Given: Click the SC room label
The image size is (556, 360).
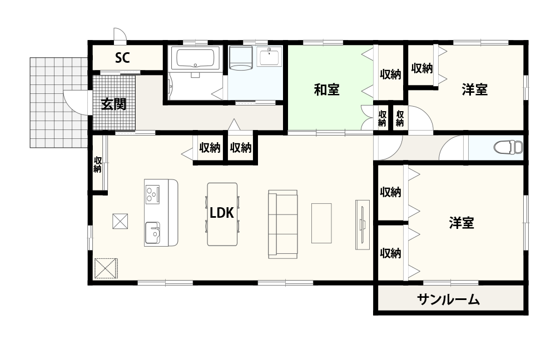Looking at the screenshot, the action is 122,58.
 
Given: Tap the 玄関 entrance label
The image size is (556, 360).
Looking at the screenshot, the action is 113,104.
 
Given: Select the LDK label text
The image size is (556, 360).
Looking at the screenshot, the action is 222,213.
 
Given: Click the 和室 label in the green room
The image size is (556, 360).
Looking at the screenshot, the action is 326,89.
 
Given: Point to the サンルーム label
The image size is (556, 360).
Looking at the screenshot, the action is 448,300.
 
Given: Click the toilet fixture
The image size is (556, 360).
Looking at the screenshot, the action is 508,147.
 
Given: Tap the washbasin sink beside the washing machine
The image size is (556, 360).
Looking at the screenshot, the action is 270,57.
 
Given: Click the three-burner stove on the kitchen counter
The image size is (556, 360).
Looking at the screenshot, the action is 153,194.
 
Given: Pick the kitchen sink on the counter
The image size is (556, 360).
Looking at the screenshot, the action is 152,232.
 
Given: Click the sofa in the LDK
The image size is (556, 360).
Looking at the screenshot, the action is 282,224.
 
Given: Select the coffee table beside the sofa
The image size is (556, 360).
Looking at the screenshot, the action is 321,223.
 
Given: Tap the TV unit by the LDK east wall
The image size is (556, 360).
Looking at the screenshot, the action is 362,224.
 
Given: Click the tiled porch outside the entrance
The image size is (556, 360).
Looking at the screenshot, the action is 59,102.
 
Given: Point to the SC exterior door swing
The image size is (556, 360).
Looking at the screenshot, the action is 120,34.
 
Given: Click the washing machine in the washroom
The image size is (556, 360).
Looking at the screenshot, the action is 241,58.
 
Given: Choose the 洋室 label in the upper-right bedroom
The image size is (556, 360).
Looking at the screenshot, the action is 474,89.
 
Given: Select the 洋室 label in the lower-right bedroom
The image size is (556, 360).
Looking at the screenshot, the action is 461,223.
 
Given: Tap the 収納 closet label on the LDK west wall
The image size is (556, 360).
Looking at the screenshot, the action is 97,165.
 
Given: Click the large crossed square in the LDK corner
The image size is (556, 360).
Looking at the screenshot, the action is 106,268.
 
